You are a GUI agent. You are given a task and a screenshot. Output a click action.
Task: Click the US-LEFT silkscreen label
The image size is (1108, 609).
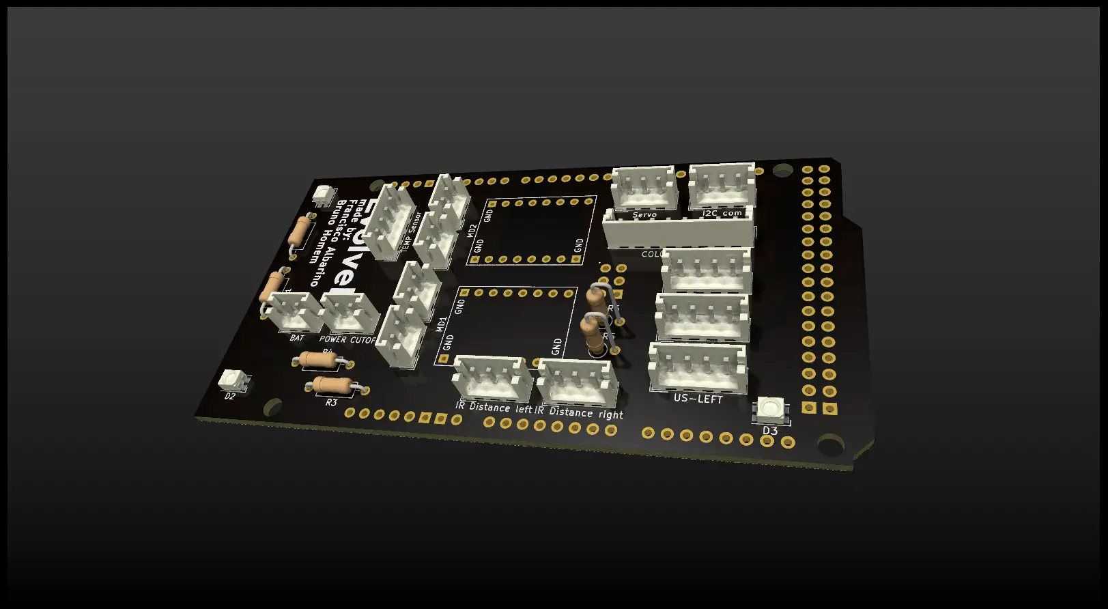click(698, 399)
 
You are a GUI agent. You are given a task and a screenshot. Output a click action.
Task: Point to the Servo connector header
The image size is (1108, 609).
click(644, 188)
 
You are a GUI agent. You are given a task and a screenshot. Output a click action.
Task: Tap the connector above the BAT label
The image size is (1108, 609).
click(293, 311)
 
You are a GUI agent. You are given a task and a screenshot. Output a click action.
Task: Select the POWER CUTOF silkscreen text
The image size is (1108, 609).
click(347, 339)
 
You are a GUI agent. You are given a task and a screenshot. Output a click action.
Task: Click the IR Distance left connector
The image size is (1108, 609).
click(492, 380)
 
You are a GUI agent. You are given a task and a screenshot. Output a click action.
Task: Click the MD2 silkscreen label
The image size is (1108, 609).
click(472, 231)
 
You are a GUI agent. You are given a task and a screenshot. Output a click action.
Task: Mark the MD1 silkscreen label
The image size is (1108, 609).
click(442, 324)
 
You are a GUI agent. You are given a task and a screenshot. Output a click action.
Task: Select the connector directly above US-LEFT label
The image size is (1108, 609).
click(697, 367)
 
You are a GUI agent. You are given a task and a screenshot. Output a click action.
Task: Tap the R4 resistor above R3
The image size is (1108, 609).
click(316, 360)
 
